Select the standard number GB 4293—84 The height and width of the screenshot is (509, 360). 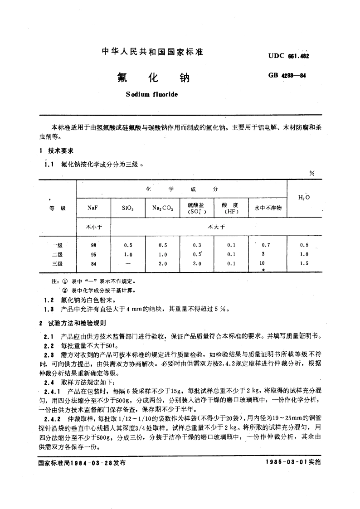[287, 76]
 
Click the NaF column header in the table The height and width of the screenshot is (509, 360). [93, 208]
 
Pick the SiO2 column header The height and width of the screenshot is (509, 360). [127, 208]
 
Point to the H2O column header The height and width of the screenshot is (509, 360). [304, 198]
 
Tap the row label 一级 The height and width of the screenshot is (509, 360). [58, 245]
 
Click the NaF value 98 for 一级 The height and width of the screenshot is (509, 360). [93, 245]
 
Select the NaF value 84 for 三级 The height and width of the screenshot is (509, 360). [93, 263]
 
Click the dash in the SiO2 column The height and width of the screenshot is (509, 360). [127, 263]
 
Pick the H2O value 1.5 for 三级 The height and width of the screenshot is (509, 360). [304, 263]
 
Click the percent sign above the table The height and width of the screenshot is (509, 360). [311, 173]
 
